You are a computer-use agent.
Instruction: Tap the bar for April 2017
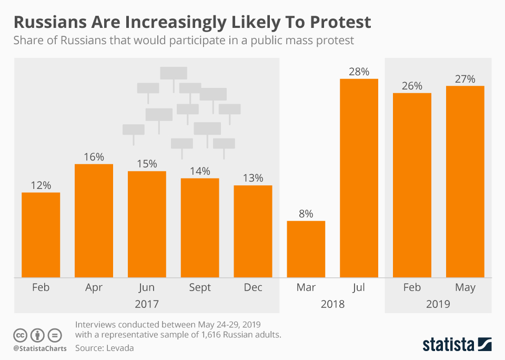coord(94,221)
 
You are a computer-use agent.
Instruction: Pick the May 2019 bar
coord(465,182)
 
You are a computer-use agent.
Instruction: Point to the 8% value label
coord(306,214)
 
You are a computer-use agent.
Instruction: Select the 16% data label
coord(94,157)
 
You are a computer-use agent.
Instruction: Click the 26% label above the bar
coord(412,86)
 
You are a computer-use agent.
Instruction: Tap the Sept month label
coord(199,287)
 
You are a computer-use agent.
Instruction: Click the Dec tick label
coord(252,287)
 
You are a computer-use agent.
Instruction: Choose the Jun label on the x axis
coord(146,287)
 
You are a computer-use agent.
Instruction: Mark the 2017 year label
coord(146,304)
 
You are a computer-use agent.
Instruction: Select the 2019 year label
coord(438,304)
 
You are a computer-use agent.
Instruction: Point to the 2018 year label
coord(332,304)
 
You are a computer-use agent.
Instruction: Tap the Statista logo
coord(457,345)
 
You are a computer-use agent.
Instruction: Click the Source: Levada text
coord(105,348)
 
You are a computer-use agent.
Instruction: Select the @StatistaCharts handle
coord(40,348)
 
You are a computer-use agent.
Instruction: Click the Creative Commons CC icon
coord(20,335)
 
